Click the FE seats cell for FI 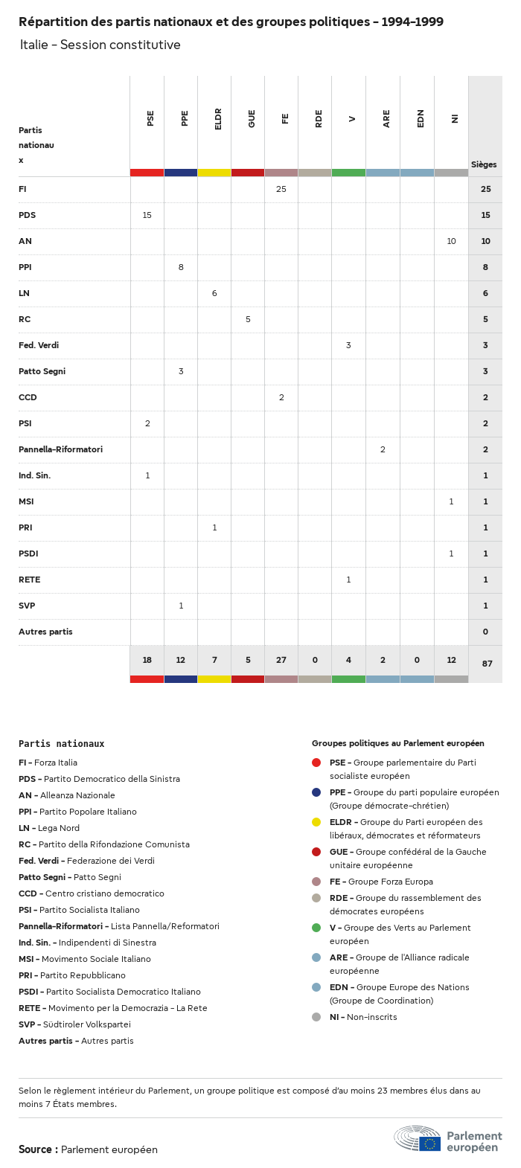tap(281, 189)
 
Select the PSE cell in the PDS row tap(147, 215)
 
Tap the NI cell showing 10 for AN tap(451, 241)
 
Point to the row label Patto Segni tap(42, 371)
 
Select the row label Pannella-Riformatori tap(60, 449)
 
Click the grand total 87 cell tap(487, 664)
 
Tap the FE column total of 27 tap(281, 660)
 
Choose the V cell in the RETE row tap(348, 580)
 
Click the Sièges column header tap(484, 164)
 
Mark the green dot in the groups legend tap(316, 928)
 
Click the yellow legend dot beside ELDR tap(316, 822)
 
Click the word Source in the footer tap(35, 1149)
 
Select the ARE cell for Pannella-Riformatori tap(383, 449)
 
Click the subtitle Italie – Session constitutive tap(100, 45)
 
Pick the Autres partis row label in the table tap(45, 632)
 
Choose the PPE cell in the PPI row tap(181, 267)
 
